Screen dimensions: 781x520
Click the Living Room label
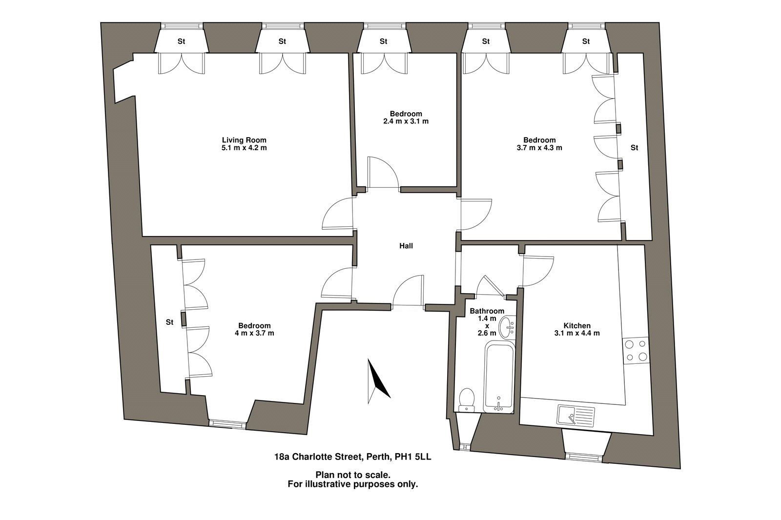244,140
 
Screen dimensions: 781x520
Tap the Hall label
406,246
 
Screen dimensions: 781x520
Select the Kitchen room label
577,326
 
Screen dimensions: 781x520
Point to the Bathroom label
487,311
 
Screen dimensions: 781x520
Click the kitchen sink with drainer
576,416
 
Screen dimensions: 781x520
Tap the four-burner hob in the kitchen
636,351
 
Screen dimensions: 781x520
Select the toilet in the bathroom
466,400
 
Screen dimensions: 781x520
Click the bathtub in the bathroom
499,378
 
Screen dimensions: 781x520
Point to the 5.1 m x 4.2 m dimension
244,148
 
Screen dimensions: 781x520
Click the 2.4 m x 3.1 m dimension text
406,121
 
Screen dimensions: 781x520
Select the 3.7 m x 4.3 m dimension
539,148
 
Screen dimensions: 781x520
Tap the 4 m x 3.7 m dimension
254,333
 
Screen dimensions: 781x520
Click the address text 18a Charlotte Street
319,457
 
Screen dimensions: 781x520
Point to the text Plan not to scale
353,475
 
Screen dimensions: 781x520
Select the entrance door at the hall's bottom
408,292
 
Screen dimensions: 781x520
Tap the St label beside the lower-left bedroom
169,322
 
